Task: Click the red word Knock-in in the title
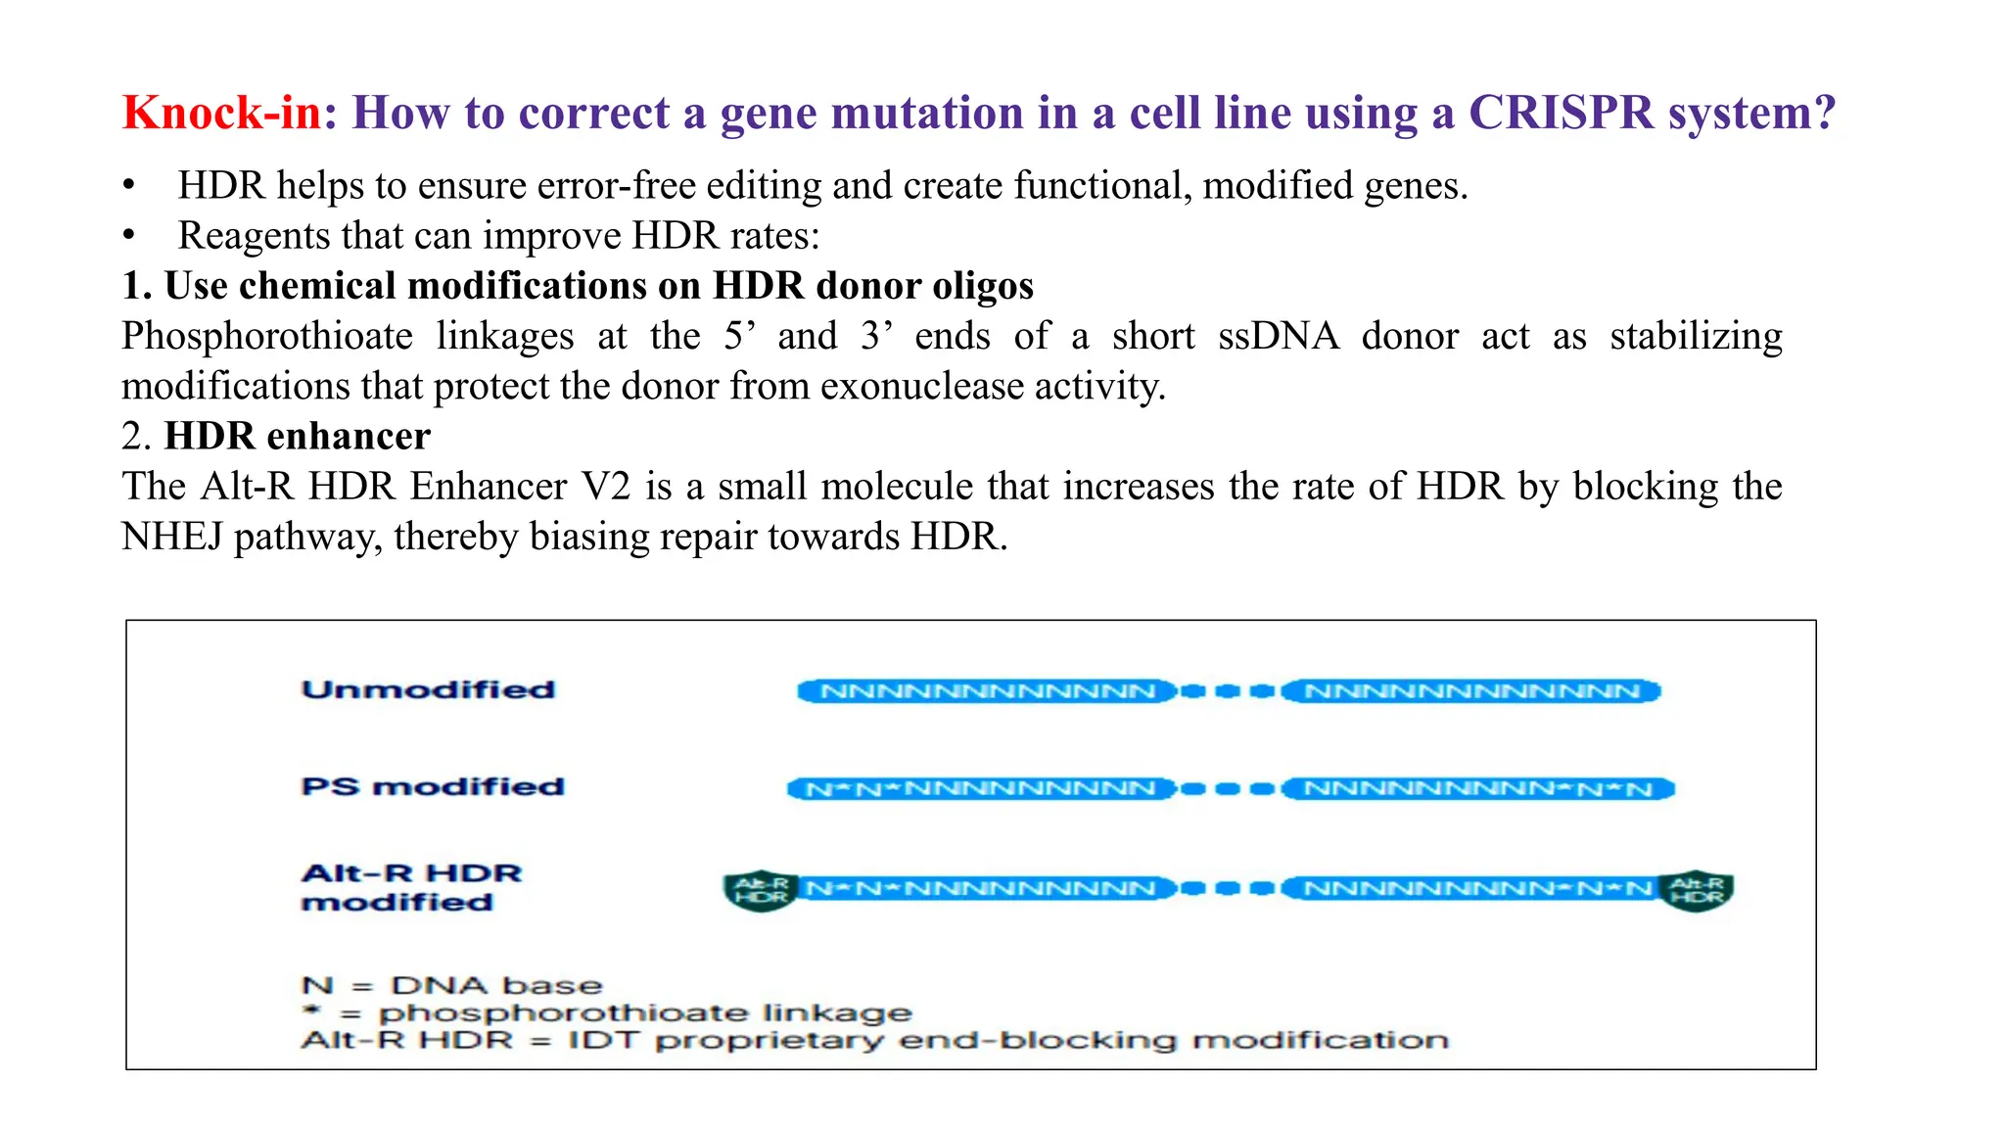[x=221, y=113]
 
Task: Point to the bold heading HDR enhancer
[x=297, y=436]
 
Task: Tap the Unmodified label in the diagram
[x=428, y=689]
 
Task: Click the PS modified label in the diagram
[x=433, y=786]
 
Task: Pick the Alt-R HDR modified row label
[x=411, y=887]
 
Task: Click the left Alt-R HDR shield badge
[x=761, y=890]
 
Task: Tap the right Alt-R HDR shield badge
[x=1697, y=890]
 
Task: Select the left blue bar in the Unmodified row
[x=987, y=691]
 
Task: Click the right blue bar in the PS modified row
[x=1477, y=788]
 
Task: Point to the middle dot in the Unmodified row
[x=1228, y=691]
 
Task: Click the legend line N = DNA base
[x=451, y=985]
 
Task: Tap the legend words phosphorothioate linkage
[x=644, y=1012]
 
